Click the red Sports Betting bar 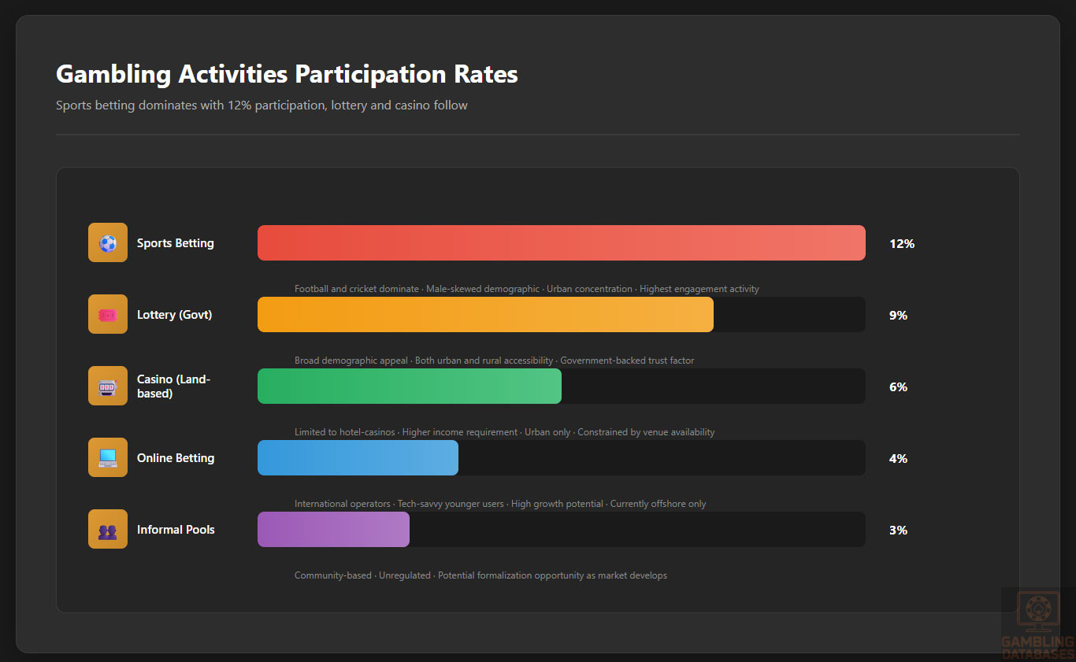point(561,242)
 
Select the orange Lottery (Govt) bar point(485,314)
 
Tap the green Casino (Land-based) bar point(409,386)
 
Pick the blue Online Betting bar point(358,457)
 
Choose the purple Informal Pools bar point(333,529)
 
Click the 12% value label point(901,244)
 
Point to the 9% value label point(898,316)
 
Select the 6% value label point(898,387)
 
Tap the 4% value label point(898,459)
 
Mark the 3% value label point(898,531)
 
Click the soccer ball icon point(108,243)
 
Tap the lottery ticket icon point(108,315)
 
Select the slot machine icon point(108,386)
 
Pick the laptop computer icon point(108,458)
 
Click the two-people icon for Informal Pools point(108,530)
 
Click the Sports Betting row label point(175,243)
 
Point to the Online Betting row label point(175,458)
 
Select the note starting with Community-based point(480,575)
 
